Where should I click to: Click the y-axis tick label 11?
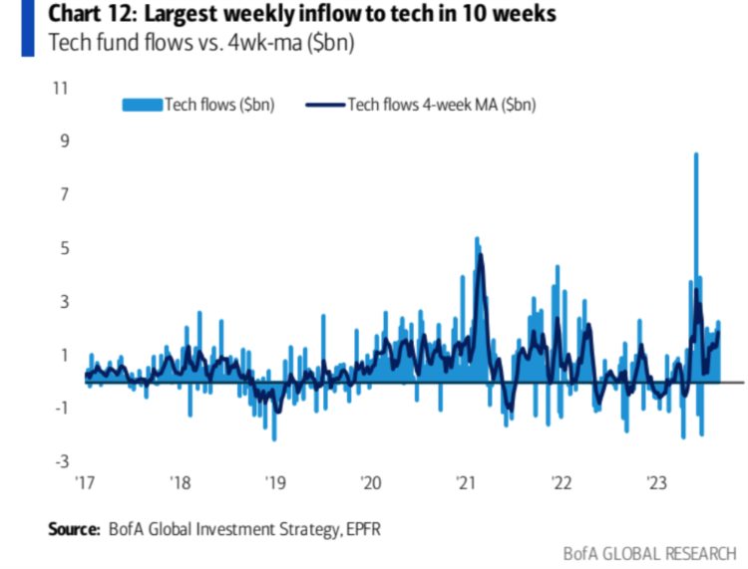pyautogui.click(x=60, y=88)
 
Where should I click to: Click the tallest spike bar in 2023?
pyautogui.click(x=695, y=154)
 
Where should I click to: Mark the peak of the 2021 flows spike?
pyautogui.click(x=477, y=238)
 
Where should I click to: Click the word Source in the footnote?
pyautogui.click(x=74, y=528)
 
